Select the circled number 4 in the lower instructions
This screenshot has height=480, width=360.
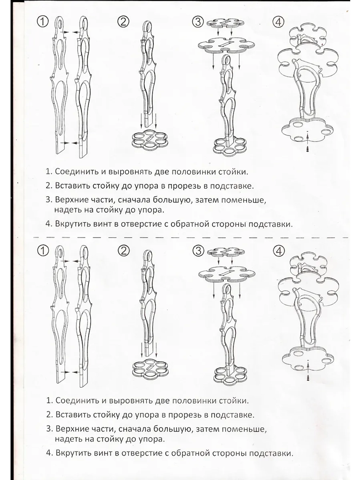coord(279,250)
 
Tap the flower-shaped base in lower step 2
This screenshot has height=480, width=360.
coord(148,368)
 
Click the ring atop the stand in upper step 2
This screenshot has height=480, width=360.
coord(148,26)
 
